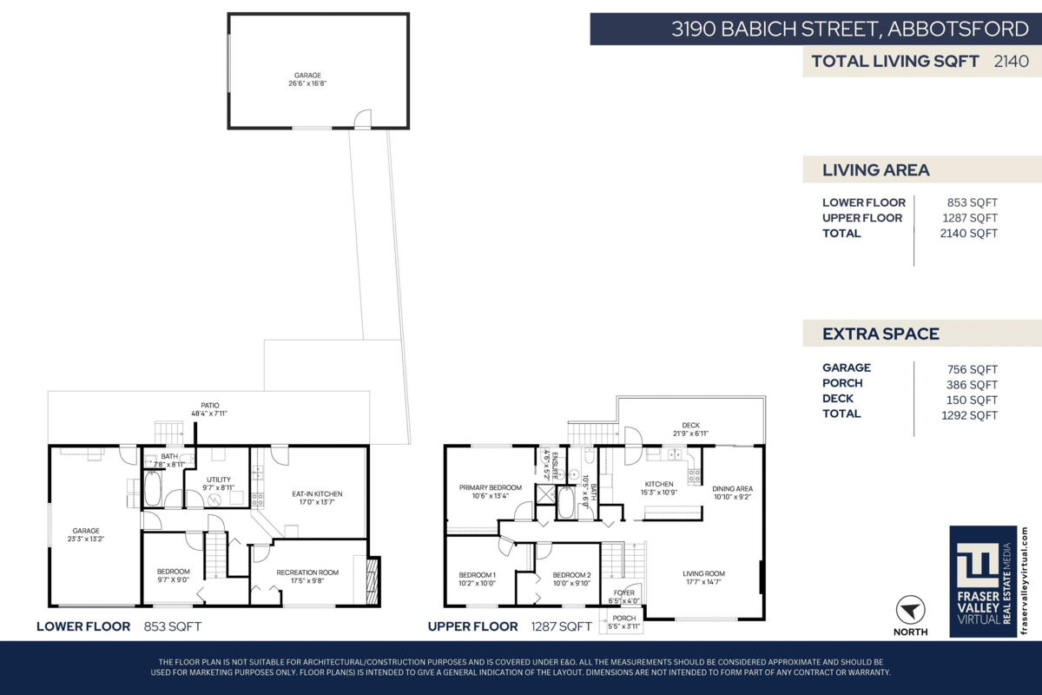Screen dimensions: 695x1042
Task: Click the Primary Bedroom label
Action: click(x=491, y=488)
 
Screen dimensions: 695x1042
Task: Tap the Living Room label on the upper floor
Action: click(x=703, y=574)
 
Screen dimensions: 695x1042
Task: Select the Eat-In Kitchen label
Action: click(x=317, y=494)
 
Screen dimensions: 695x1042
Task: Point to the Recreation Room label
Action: click(x=307, y=573)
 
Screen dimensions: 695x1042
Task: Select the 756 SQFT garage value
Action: click(x=972, y=368)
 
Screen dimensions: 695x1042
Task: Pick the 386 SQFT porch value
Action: click(x=972, y=384)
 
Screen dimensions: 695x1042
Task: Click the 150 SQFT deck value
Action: click(x=972, y=400)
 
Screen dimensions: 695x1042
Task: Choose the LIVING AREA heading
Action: click(x=875, y=170)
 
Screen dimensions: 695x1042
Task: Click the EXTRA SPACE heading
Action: click(x=880, y=334)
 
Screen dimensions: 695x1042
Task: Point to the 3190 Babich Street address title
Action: click(x=850, y=29)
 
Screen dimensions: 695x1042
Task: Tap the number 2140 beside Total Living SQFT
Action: click(x=1011, y=61)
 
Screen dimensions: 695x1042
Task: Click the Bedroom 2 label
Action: click(x=571, y=575)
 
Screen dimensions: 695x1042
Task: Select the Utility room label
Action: click(x=218, y=480)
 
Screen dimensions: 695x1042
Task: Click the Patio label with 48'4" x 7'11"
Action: click(x=209, y=405)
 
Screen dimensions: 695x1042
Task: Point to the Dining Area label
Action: click(x=732, y=488)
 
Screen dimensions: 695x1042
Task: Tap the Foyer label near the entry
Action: click(x=623, y=592)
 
